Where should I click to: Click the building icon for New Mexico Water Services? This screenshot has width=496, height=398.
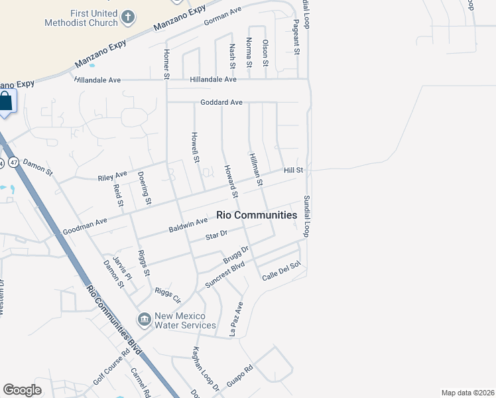(144, 320)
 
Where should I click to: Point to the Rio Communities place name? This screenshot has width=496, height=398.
(257, 215)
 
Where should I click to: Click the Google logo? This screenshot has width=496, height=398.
(22, 390)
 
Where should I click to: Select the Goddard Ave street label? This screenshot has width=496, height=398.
(221, 103)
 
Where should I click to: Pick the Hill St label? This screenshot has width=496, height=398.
(293, 170)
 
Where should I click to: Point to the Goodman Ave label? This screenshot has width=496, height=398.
(85, 226)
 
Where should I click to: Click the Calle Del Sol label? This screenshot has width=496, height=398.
(281, 271)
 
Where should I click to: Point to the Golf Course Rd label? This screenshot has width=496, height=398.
(111, 369)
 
